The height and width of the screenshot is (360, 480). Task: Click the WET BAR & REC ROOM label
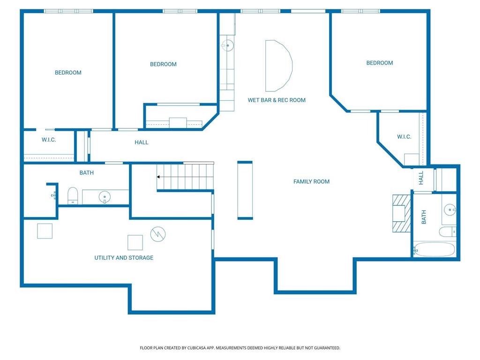[x=277, y=100]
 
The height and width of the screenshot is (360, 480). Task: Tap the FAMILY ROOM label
[x=311, y=181]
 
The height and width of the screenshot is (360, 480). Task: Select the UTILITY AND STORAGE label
[x=124, y=258]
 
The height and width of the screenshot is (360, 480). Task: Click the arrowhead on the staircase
[x=158, y=177]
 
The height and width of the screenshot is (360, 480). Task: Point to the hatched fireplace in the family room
[x=402, y=213]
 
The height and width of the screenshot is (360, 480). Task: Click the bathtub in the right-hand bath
[x=435, y=249]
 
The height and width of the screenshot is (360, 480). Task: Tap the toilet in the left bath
[x=73, y=195]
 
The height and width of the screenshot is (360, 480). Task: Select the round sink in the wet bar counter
[x=227, y=45]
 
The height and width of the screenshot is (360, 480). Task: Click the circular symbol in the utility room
[x=158, y=234]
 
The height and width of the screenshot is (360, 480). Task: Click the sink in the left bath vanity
[x=105, y=196]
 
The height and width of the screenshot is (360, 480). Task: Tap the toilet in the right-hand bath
[x=448, y=232]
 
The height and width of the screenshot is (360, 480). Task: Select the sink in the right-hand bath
[x=450, y=210]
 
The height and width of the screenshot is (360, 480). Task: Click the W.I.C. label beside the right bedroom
[x=404, y=137]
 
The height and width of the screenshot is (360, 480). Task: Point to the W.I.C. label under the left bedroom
[x=49, y=140]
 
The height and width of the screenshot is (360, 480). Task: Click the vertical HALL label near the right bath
[x=421, y=178]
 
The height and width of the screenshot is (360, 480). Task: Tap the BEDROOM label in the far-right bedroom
[x=380, y=63]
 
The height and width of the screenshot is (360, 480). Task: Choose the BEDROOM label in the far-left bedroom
[x=68, y=73]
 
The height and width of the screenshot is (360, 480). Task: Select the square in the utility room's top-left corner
[x=45, y=231]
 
